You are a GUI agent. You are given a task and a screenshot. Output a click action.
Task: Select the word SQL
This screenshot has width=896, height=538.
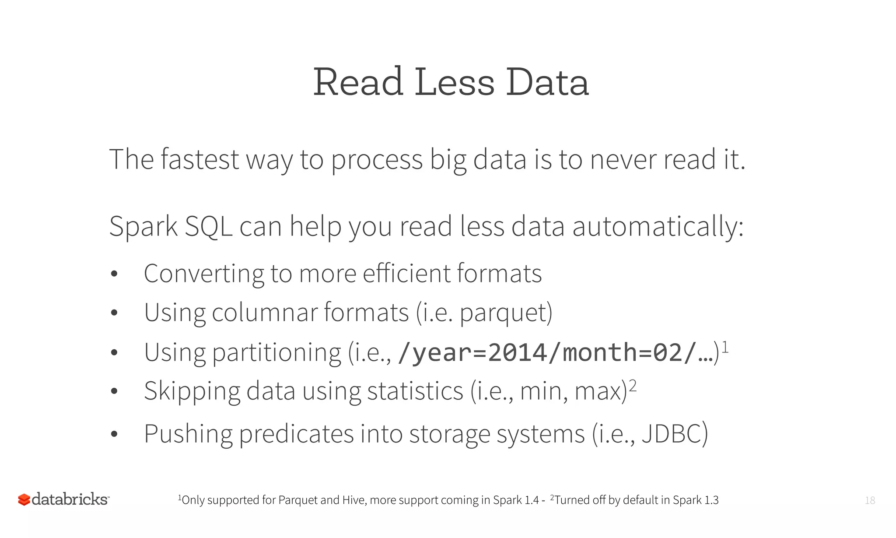pos(208,227)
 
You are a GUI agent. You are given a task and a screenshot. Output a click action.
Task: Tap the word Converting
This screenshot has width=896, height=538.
pos(203,274)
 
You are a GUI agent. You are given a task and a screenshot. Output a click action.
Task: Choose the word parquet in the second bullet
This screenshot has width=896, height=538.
pos(503,313)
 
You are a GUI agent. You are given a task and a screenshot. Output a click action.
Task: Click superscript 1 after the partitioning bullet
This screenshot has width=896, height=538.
pos(725,347)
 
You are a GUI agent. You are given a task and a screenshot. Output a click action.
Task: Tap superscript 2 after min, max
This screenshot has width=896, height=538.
pos(633,386)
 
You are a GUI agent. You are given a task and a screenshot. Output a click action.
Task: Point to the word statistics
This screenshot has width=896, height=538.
pos(415,391)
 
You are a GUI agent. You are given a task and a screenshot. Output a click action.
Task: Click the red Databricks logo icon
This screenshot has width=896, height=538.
pos(24,499)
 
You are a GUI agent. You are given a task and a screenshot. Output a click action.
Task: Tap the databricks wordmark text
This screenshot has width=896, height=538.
pos(70,499)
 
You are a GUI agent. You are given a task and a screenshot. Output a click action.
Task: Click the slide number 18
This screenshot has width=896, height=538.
pos(870,500)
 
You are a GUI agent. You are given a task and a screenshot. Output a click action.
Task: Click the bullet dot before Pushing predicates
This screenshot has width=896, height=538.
pos(115,434)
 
